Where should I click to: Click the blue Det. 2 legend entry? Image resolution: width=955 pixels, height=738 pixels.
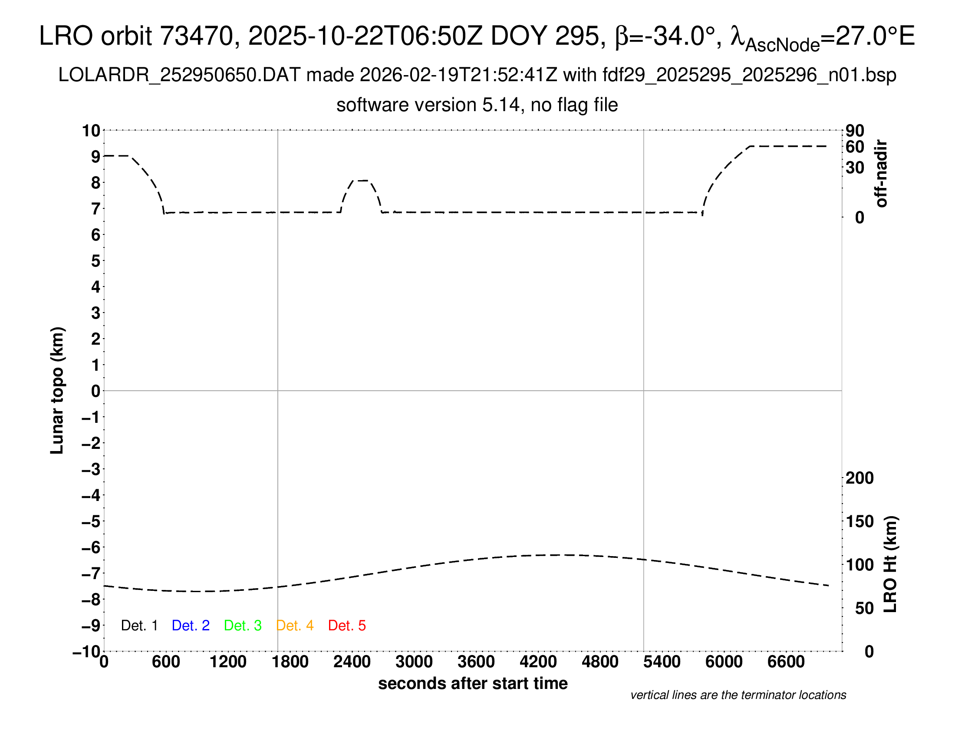(191, 626)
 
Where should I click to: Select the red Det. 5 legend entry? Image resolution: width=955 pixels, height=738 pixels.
(347, 626)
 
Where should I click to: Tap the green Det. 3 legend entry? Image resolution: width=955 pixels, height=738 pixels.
(243, 626)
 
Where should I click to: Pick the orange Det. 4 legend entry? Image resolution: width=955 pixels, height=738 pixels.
(295, 626)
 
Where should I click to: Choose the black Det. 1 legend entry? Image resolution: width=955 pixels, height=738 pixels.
(139, 626)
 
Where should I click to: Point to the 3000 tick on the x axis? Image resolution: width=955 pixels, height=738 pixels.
(414, 662)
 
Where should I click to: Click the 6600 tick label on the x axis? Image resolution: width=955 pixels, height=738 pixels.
(786, 662)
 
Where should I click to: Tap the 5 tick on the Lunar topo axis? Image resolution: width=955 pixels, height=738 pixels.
(95, 261)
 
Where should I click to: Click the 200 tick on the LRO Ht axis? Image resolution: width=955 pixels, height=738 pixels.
(859, 478)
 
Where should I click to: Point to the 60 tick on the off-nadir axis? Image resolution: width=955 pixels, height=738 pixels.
(855, 147)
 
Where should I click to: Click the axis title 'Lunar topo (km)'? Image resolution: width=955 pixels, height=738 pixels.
(57, 390)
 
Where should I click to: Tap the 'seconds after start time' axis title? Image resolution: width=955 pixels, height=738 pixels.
(473, 683)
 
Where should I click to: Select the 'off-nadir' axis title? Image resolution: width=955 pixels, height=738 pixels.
(882, 174)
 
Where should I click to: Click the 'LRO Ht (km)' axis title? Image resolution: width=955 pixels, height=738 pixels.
(890, 564)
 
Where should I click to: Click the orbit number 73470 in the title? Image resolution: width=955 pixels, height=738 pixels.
(196, 36)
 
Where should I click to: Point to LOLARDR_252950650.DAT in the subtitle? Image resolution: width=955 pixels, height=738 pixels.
(179, 75)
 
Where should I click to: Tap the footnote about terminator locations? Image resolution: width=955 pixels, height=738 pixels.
(738, 695)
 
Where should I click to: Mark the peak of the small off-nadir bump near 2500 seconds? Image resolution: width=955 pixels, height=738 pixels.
(362, 180)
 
